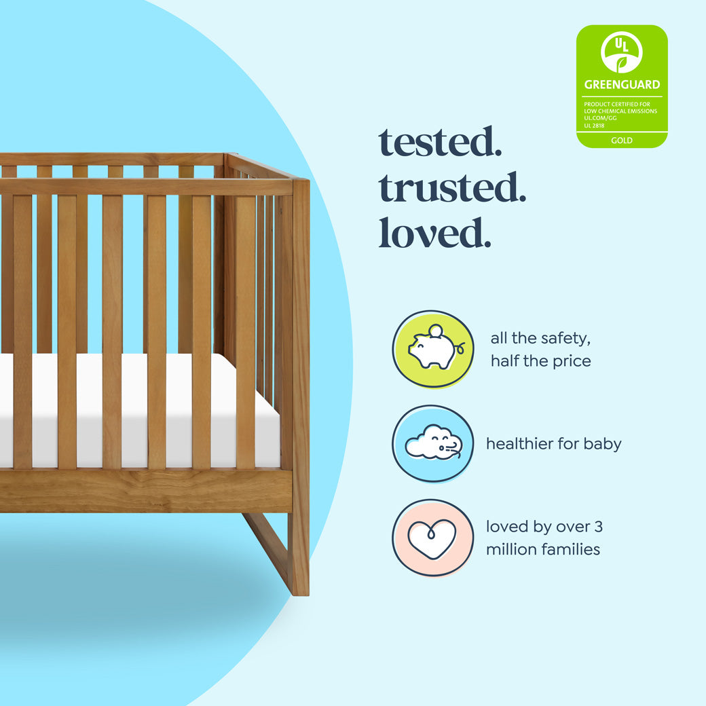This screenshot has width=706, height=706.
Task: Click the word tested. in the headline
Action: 440,142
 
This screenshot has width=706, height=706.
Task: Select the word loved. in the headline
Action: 434,232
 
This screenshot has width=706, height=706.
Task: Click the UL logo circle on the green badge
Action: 622,52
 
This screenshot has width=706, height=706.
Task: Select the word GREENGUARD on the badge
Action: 622,85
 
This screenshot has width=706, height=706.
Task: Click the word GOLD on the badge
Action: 622,141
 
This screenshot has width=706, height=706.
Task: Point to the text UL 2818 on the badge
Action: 594,126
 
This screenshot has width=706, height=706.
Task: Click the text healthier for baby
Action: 554,444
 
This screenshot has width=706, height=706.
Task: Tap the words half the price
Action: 540,361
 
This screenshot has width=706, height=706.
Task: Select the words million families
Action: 543,549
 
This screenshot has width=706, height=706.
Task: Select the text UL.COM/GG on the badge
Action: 598,118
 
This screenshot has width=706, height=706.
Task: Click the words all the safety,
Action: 540,338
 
